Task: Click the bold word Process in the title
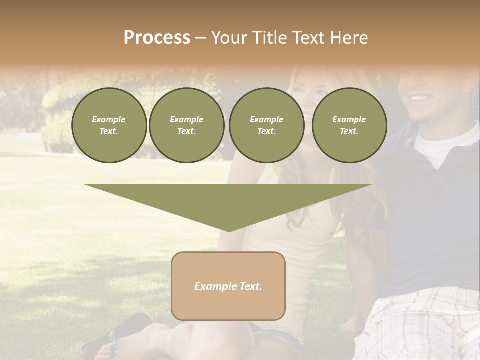(x=157, y=37)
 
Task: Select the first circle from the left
(x=109, y=125)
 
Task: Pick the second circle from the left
(x=187, y=125)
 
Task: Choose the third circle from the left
(x=266, y=125)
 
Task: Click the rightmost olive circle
(x=349, y=125)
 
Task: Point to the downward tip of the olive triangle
(x=229, y=230)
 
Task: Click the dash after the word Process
(x=201, y=38)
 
